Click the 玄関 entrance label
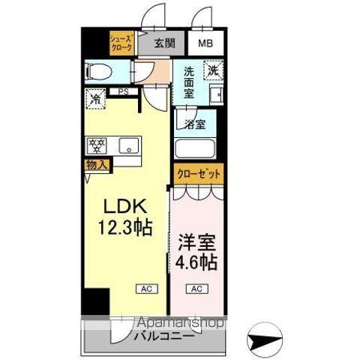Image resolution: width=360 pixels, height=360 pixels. coord(165,43)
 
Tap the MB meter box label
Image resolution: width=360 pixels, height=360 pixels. coord(205,43)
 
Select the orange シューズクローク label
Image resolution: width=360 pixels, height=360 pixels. coord(122,43)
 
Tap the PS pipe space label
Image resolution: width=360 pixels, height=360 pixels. coord(121,92)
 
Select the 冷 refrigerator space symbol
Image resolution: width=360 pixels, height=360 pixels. coord(96,98)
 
